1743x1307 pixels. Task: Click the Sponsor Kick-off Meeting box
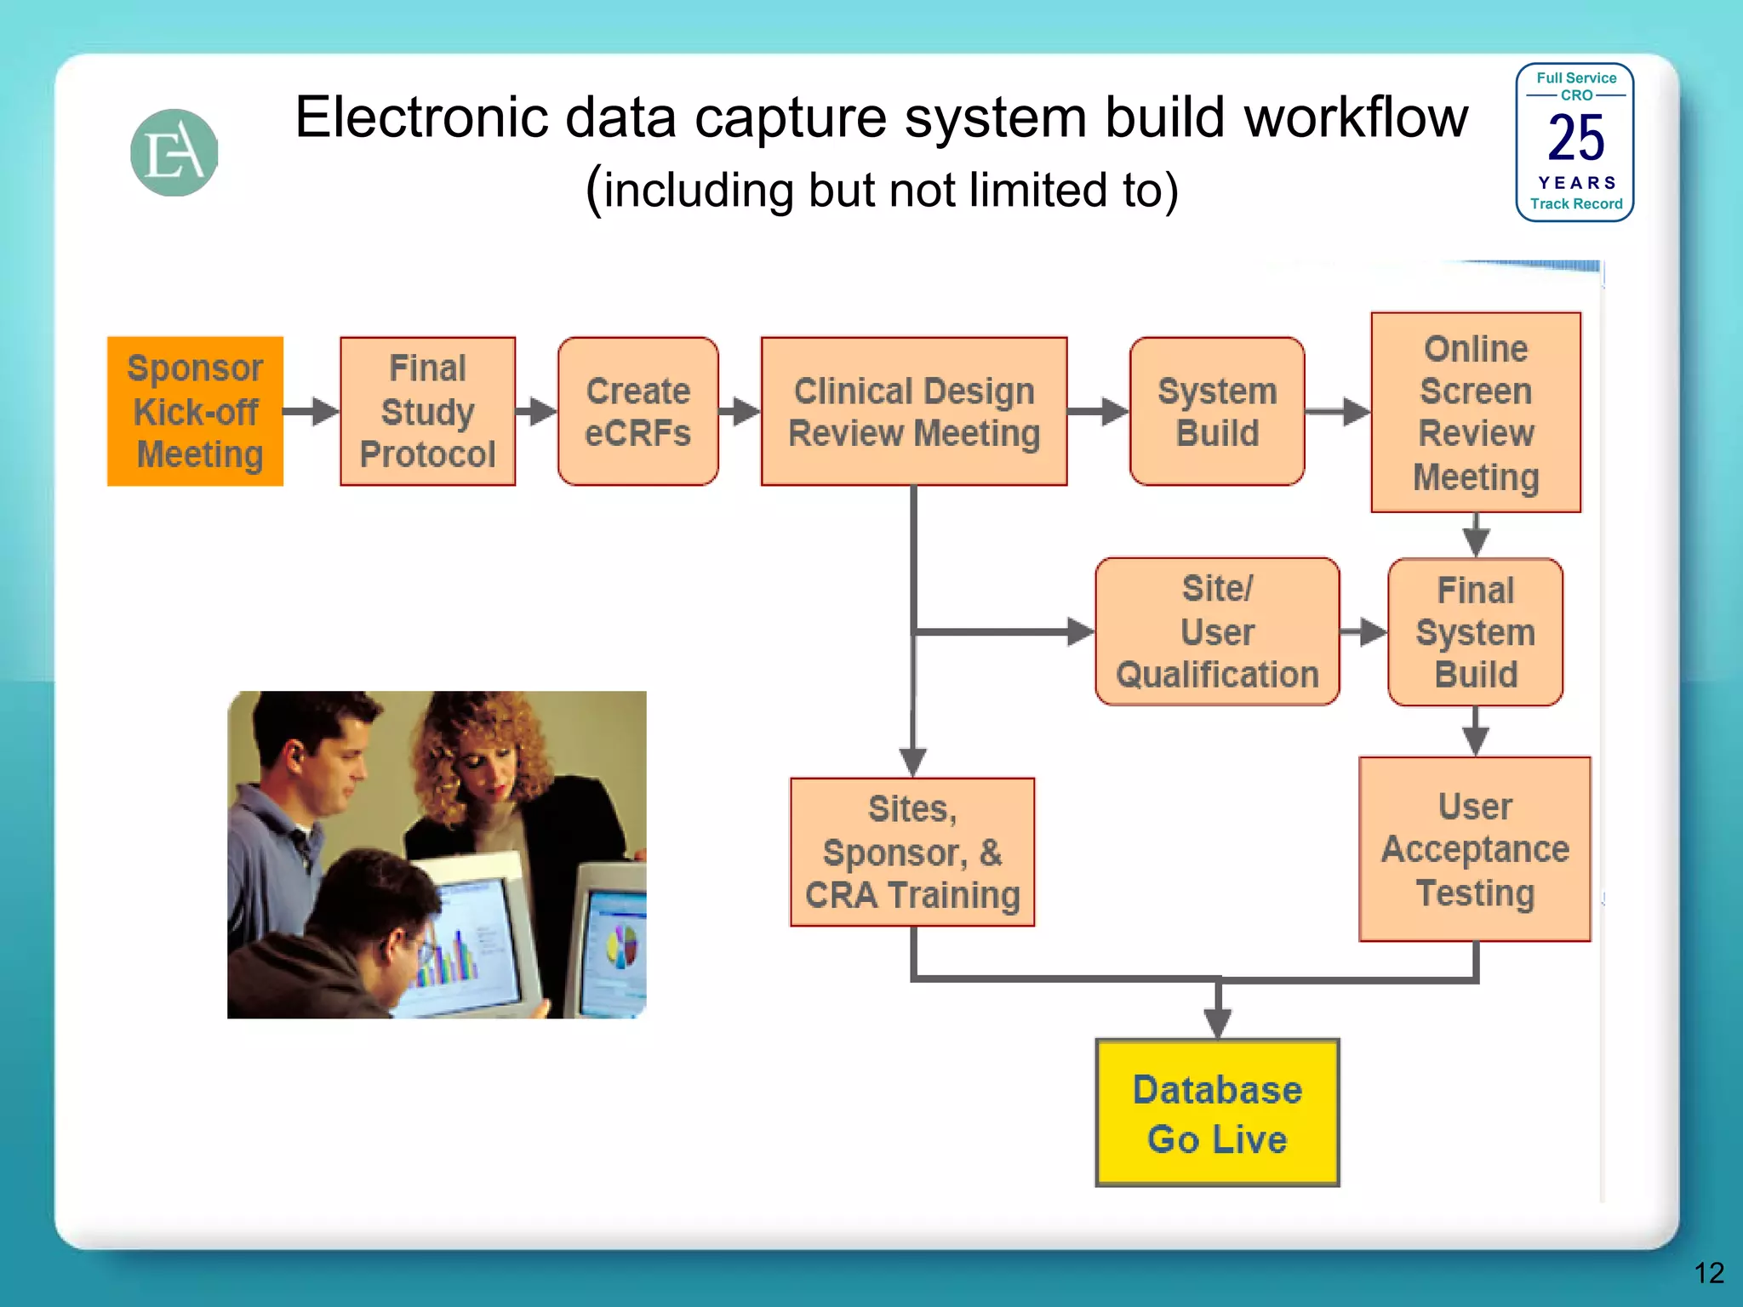pyautogui.click(x=195, y=411)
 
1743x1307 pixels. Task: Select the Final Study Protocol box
pyautogui.click(x=427, y=411)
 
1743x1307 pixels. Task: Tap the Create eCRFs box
pyautogui.click(x=637, y=411)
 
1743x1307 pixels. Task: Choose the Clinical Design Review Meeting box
pyautogui.click(x=913, y=411)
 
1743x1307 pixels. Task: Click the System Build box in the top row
pyautogui.click(x=1216, y=411)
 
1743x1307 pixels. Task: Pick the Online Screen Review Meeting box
pyautogui.click(x=1475, y=412)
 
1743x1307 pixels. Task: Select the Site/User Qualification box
pyautogui.click(x=1216, y=631)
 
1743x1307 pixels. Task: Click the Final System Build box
pyautogui.click(x=1475, y=631)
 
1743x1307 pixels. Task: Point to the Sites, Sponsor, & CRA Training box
pyautogui.click(x=912, y=851)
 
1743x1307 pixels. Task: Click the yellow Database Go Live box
pyautogui.click(x=1216, y=1112)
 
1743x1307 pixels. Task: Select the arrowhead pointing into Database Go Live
pyautogui.click(x=1217, y=1022)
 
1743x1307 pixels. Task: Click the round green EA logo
pyautogui.click(x=174, y=153)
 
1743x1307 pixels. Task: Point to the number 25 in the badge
pyautogui.click(x=1575, y=139)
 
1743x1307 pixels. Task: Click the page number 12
pyautogui.click(x=1708, y=1273)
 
